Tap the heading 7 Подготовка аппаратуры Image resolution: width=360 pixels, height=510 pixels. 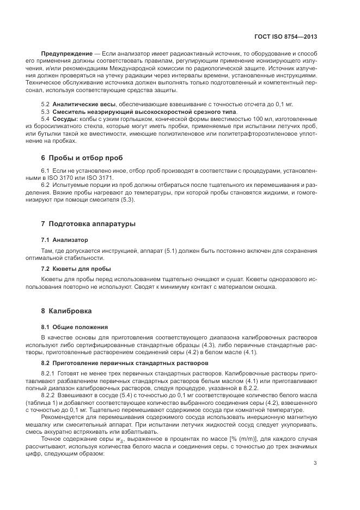click(x=89, y=224)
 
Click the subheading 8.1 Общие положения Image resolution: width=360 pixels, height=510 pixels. click(x=74, y=327)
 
